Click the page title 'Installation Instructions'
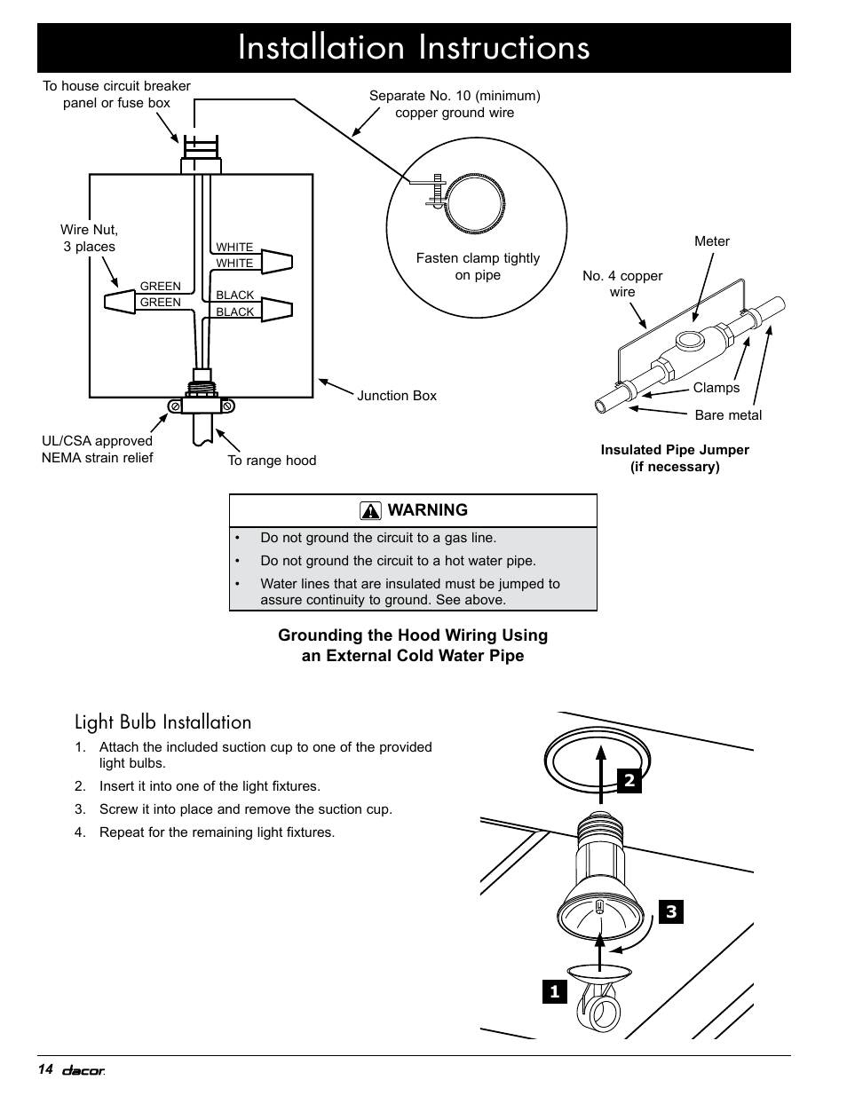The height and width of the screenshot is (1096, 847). tap(414, 48)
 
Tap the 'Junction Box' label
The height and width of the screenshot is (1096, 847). tap(396, 396)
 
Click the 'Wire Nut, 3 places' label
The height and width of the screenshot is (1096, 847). tap(89, 238)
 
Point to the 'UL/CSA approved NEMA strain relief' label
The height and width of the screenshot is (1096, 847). tap(97, 449)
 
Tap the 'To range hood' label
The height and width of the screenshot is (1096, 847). tap(272, 460)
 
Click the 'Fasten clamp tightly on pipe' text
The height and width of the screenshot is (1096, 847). tap(478, 266)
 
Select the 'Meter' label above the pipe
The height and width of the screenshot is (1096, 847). tap(711, 241)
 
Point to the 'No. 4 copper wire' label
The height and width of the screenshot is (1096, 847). tap(622, 284)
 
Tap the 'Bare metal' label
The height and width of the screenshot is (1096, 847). tap(728, 415)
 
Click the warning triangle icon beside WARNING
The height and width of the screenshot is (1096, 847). tap(370, 511)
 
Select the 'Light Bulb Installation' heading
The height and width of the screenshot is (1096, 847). tap(162, 721)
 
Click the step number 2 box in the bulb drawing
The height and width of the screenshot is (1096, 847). tap(629, 781)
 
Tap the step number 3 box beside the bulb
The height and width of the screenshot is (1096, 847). tap(671, 911)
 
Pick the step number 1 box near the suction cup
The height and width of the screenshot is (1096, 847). tap(555, 991)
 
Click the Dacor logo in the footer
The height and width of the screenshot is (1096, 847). tap(83, 1070)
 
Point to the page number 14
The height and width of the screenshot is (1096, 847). tap(46, 1069)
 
